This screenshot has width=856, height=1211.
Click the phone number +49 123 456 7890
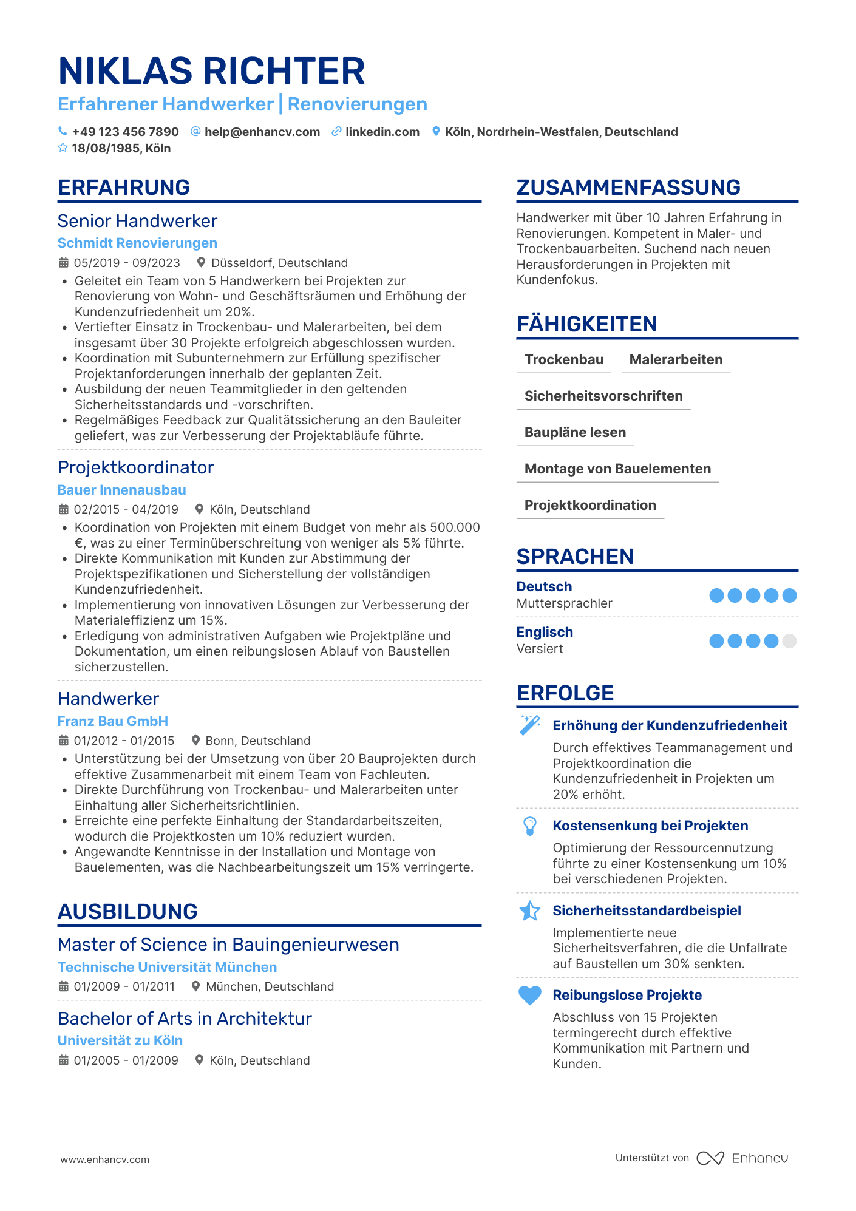pyautogui.click(x=125, y=132)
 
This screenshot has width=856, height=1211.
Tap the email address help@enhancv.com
pyautogui.click(x=262, y=132)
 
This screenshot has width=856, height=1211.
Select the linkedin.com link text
pyautogui.click(x=382, y=132)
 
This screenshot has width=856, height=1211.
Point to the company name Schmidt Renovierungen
pyautogui.click(x=137, y=243)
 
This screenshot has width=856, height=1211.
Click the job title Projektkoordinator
pyautogui.click(x=135, y=467)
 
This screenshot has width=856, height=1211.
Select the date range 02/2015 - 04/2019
pyautogui.click(x=126, y=509)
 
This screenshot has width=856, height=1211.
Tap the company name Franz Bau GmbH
pyautogui.click(x=112, y=721)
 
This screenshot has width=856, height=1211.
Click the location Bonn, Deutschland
pyautogui.click(x=257, y=741)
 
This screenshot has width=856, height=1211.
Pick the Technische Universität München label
pyautogui.click(x=167, y=967)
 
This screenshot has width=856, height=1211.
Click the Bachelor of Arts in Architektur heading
pyautogui.click(x=185, y=1019)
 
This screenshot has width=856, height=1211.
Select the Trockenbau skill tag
pyautogui.click(x=564, y=359)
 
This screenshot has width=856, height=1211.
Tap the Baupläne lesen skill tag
pyautogui.click(x=575, y=432)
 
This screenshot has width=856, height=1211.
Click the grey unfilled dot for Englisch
pyautogui.click(x=789, y=641)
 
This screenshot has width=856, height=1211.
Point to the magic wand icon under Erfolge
pyautogui.click(x=530, y=725)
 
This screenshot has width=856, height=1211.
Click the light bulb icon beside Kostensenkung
pyautogui.click(x=530, y=826)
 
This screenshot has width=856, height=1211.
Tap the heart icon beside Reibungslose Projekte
pyautogui.click(x=530, y=996)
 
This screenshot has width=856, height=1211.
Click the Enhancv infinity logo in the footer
pyautogui.click(x=710, y=1158)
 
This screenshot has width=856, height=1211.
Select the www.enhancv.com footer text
pyautogui.click(x=104, y=1159)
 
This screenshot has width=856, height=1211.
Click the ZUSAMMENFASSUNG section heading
pyautogui.click(x=628, y=188)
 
